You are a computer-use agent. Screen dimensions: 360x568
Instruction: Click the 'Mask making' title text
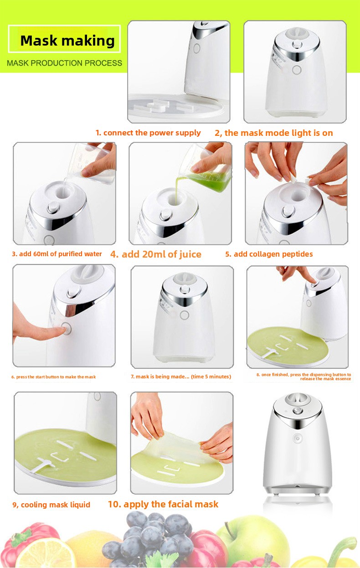(x=67, y=41)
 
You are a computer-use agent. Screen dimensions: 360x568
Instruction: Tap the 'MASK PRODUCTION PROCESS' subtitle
(x=64, y=63)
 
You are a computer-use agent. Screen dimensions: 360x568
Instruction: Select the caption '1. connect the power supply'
(x=148, y=133)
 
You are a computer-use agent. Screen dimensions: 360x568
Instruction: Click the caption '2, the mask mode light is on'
(x=274, y=133)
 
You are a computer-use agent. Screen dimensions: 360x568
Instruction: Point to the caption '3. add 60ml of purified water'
(x=57, y=254)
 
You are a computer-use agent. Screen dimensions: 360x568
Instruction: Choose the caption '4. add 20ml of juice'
(x=156, y=254)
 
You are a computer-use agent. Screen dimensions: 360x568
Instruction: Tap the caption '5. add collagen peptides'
(x=269, y=254)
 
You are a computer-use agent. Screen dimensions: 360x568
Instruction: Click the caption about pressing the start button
(x=53, y=377)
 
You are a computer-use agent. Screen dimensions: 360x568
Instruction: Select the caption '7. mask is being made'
(x=181, y=377)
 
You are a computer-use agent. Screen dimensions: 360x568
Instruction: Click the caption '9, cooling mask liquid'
(x=51, y=505)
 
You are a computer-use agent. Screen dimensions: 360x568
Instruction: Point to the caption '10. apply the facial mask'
(x=163, y=504)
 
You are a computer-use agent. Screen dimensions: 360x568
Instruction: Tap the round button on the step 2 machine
(x=297, y=70)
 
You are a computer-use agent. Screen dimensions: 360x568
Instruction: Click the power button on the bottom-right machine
(x=298, y=438)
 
